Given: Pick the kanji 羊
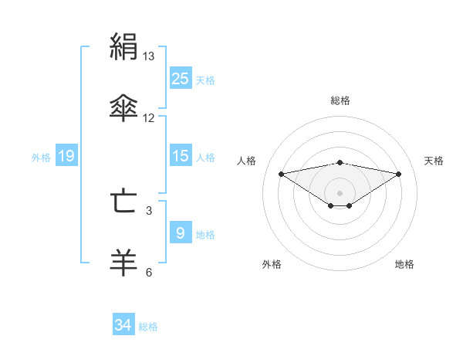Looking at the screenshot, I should pyautogui.click(x=123, y=261).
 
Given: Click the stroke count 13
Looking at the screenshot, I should pyautogui.click(x=149, y=56).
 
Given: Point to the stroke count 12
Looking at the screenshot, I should pyautogui.click(x=149, y=117).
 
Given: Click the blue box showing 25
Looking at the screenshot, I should pyautogui.click(x=180, y=79).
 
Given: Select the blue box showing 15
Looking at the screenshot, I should pyautogui.click(x=180, y=156).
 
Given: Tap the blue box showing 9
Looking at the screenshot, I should pyautogui.click(x=180, y=233).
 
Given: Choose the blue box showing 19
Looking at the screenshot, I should pyautogui.click(x=66, y=156).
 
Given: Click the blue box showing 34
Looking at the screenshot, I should pyautogui.click(x=123, y=325).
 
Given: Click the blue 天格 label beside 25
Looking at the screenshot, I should pyautogui.click(x=205, y=80).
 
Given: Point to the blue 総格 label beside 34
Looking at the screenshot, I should pyautogui.click(x=148, y=326).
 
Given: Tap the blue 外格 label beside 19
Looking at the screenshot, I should pyautogui.click(x=41, y=157).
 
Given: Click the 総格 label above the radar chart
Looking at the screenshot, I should pyautogui.click(x=340, y=100).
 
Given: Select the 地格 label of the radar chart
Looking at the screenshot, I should pyautogui.click(x=404, y=264).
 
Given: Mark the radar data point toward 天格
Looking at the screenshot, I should pyautogui.click(x=399, y=174).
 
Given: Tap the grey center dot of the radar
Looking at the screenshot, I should pyautogui.click(x=340, y=192).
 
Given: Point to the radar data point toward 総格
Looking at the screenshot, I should pyautogui.click(x=340, y=162).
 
